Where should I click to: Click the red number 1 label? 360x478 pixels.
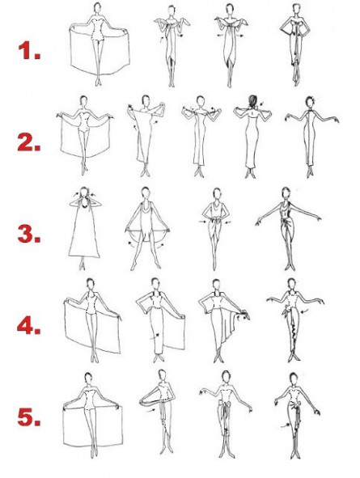29,51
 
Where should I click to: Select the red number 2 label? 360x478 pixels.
29,142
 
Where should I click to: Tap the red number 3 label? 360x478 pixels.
29,234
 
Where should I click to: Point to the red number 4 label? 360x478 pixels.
28,326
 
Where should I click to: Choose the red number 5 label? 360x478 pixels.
29,417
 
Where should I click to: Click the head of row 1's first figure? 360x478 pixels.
97,7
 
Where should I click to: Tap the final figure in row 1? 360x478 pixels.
295,44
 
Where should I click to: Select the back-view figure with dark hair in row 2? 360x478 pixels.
252,137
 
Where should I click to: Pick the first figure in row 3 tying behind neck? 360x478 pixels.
83,229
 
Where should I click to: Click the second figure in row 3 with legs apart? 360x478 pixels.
146,229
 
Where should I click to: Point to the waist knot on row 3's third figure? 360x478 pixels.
216,220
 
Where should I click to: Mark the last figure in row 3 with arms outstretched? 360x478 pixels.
288,229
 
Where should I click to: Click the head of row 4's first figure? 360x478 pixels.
91,283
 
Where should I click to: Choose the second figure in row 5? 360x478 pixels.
159,412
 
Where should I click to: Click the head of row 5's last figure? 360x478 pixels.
293,378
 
